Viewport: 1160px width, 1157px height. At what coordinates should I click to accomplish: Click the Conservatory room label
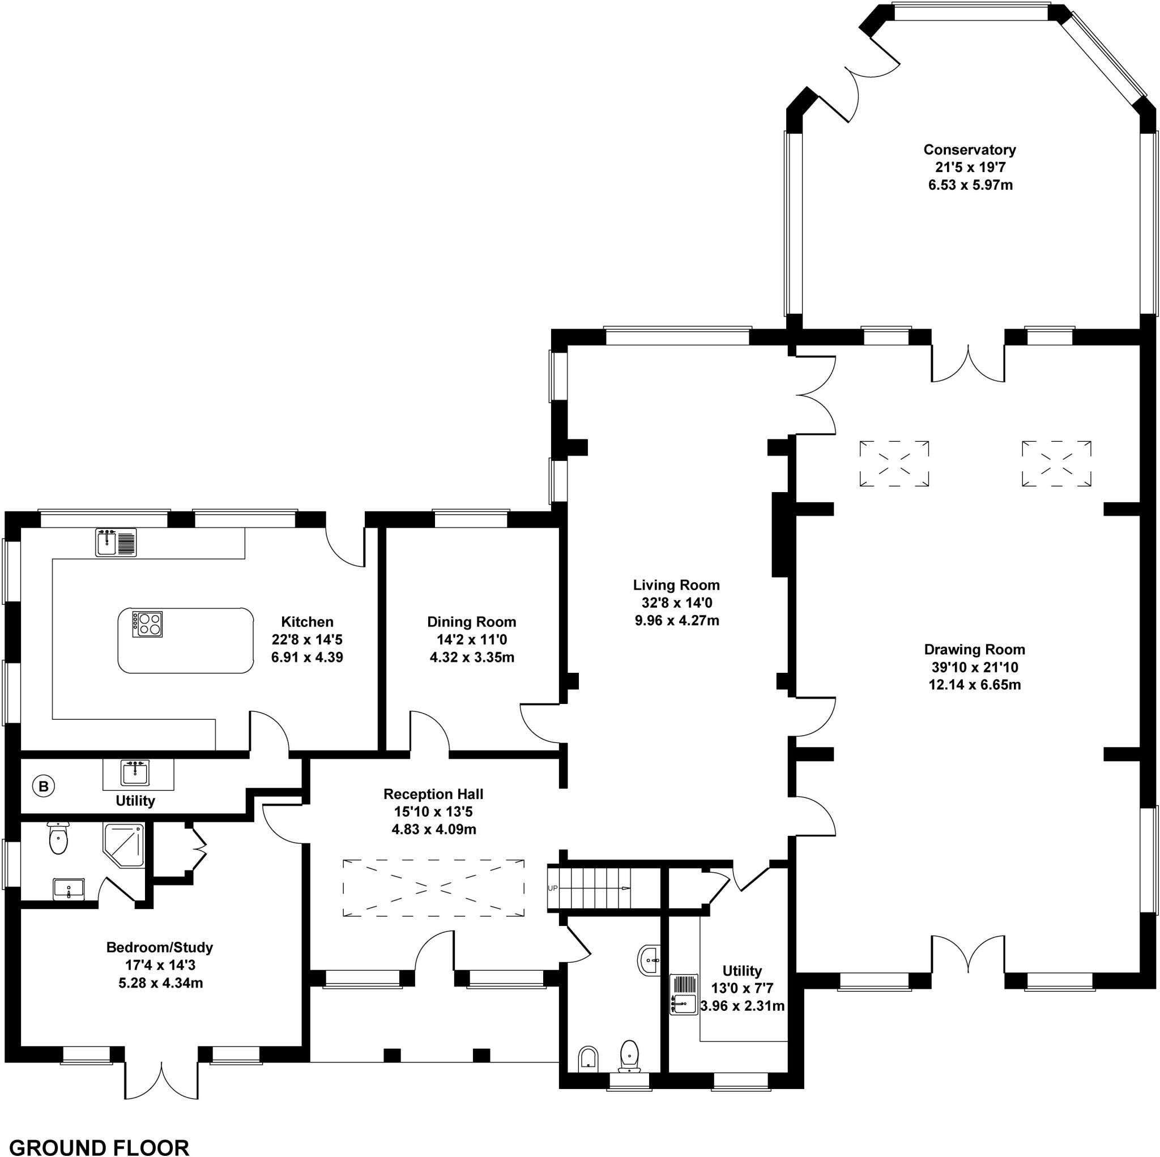969,150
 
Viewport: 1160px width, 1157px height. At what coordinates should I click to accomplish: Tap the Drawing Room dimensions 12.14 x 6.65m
974,685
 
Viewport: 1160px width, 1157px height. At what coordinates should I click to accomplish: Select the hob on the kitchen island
147,624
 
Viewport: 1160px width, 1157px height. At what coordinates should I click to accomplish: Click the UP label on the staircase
552,888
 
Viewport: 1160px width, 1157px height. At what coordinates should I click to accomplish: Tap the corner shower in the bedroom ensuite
125,846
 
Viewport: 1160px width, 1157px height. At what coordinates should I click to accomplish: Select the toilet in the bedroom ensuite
58,838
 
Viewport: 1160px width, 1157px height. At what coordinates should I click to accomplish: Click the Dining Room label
471,621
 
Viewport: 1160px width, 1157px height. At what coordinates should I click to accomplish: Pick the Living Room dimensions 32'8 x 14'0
676,602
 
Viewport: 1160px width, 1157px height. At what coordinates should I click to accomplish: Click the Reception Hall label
433,794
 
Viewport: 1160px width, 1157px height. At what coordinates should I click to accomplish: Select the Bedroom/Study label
159,947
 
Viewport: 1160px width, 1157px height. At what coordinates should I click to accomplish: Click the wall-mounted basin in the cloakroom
649,960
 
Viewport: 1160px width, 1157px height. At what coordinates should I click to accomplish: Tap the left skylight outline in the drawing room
894,463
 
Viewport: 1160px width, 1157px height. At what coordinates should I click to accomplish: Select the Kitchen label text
307,621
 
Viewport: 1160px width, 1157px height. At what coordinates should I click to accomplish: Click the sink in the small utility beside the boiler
136,772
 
